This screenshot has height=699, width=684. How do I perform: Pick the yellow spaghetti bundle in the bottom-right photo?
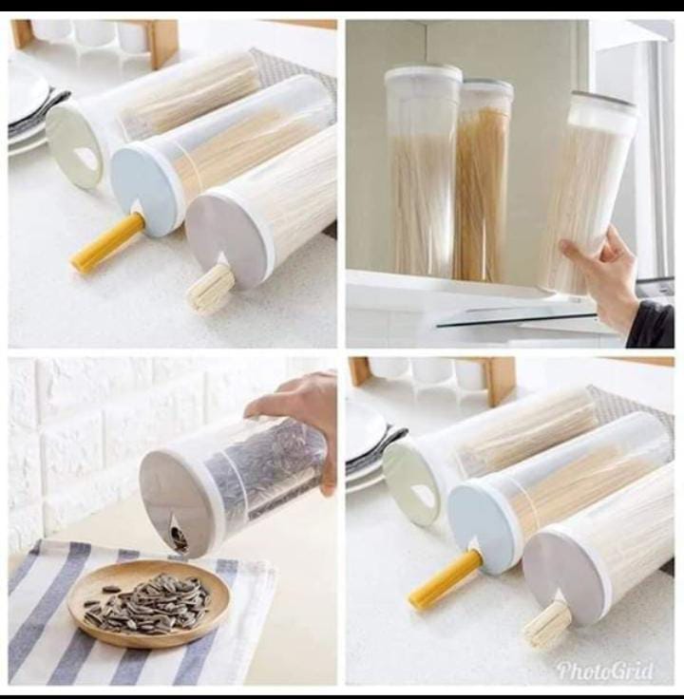click(444, 579)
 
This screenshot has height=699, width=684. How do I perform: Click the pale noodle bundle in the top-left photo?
click(210, 288)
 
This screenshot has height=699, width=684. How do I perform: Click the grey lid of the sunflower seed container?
click(177, 503)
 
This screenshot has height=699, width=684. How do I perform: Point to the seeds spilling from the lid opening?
click(178, 538)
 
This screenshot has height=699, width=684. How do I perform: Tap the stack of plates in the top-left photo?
click(27, 109)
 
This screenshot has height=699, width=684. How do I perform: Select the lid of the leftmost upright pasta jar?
click(423, 76)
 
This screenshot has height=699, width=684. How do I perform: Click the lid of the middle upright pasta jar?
click(487, 91)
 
